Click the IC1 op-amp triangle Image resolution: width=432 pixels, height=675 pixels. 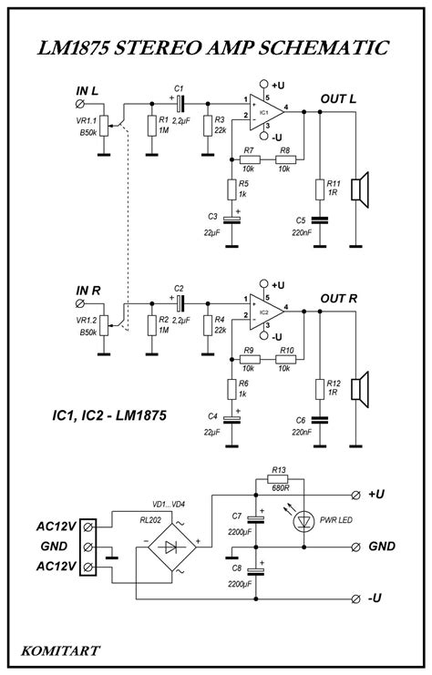tap(264, 112)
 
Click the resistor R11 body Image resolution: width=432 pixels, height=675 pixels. tap(319, 189)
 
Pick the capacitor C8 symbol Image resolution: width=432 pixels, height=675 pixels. tap(258, 572)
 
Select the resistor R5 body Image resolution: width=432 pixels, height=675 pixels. tap(232, 189)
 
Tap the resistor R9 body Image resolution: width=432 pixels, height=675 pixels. tap(247, 358)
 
